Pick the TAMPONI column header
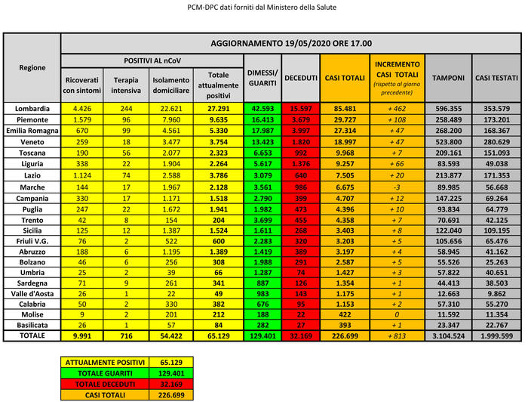coord(448,78)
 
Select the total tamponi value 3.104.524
coord(448,335)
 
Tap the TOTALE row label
coord(32,335)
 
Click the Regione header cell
coord(32,66)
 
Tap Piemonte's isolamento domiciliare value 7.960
coord(170,119)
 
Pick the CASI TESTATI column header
coord(495,78)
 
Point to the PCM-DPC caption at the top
coord(262,7)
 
